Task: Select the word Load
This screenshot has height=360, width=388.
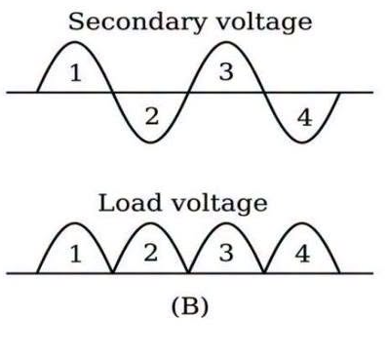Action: [x=130, y=203]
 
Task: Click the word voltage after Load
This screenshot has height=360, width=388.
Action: [x=219, y=204]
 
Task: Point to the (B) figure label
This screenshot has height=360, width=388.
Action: [x=190, y=306]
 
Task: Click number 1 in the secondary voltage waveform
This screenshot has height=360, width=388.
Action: [x=76, y=73]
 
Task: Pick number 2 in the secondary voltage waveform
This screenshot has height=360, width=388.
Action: [x=152, y=116]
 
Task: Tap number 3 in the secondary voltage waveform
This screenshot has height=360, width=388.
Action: [x=226, y=71]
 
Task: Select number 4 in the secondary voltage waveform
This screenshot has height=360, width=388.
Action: [x=304, y=117]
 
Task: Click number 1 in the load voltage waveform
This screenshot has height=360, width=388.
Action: [x=76, y=254]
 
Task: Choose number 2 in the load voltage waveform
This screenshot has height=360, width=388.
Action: [x=151, y=253]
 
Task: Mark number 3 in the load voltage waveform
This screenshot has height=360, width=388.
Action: [x=226, y=253]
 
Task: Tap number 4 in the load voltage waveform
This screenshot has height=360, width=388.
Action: [x=302, y=254]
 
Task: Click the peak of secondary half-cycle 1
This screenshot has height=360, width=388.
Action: [x=75, y=42]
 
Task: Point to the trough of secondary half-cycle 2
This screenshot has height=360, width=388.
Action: [x=151, y=142]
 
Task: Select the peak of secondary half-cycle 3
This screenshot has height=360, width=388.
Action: [x=226, y=42]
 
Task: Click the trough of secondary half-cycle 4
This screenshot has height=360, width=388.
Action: [x=302, y=142]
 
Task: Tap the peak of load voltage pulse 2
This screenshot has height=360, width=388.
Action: [x=150, y=223]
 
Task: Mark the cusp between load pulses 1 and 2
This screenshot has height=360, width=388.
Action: [x=113, y=272]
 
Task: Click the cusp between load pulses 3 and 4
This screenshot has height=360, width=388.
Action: [x=264, y=272]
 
